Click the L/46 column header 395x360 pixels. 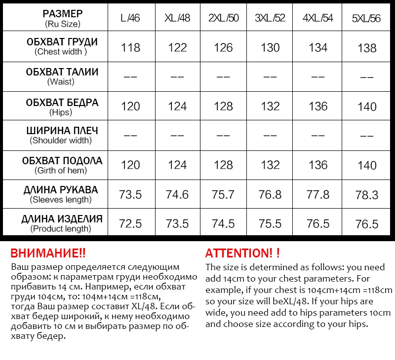[x=130, y=18]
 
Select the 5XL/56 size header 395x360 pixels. [x=367, y=19]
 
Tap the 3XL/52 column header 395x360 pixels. [x=270, y=18]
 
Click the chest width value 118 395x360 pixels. [x=130, y=48]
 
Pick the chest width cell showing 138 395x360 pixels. [x=367, y=48]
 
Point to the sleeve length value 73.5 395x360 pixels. [x=130, y=194]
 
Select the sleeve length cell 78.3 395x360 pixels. [x=367, y=195]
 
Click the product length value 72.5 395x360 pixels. [x=130, y=223]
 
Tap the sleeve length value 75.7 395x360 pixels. [x=223, y=194]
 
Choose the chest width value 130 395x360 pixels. [x=270, y=48]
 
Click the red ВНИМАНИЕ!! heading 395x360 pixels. [x=48, y=253]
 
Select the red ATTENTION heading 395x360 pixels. [x=242, y=253]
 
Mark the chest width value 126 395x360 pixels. [x=223, y=48]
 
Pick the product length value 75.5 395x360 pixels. [x=270, y=223]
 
